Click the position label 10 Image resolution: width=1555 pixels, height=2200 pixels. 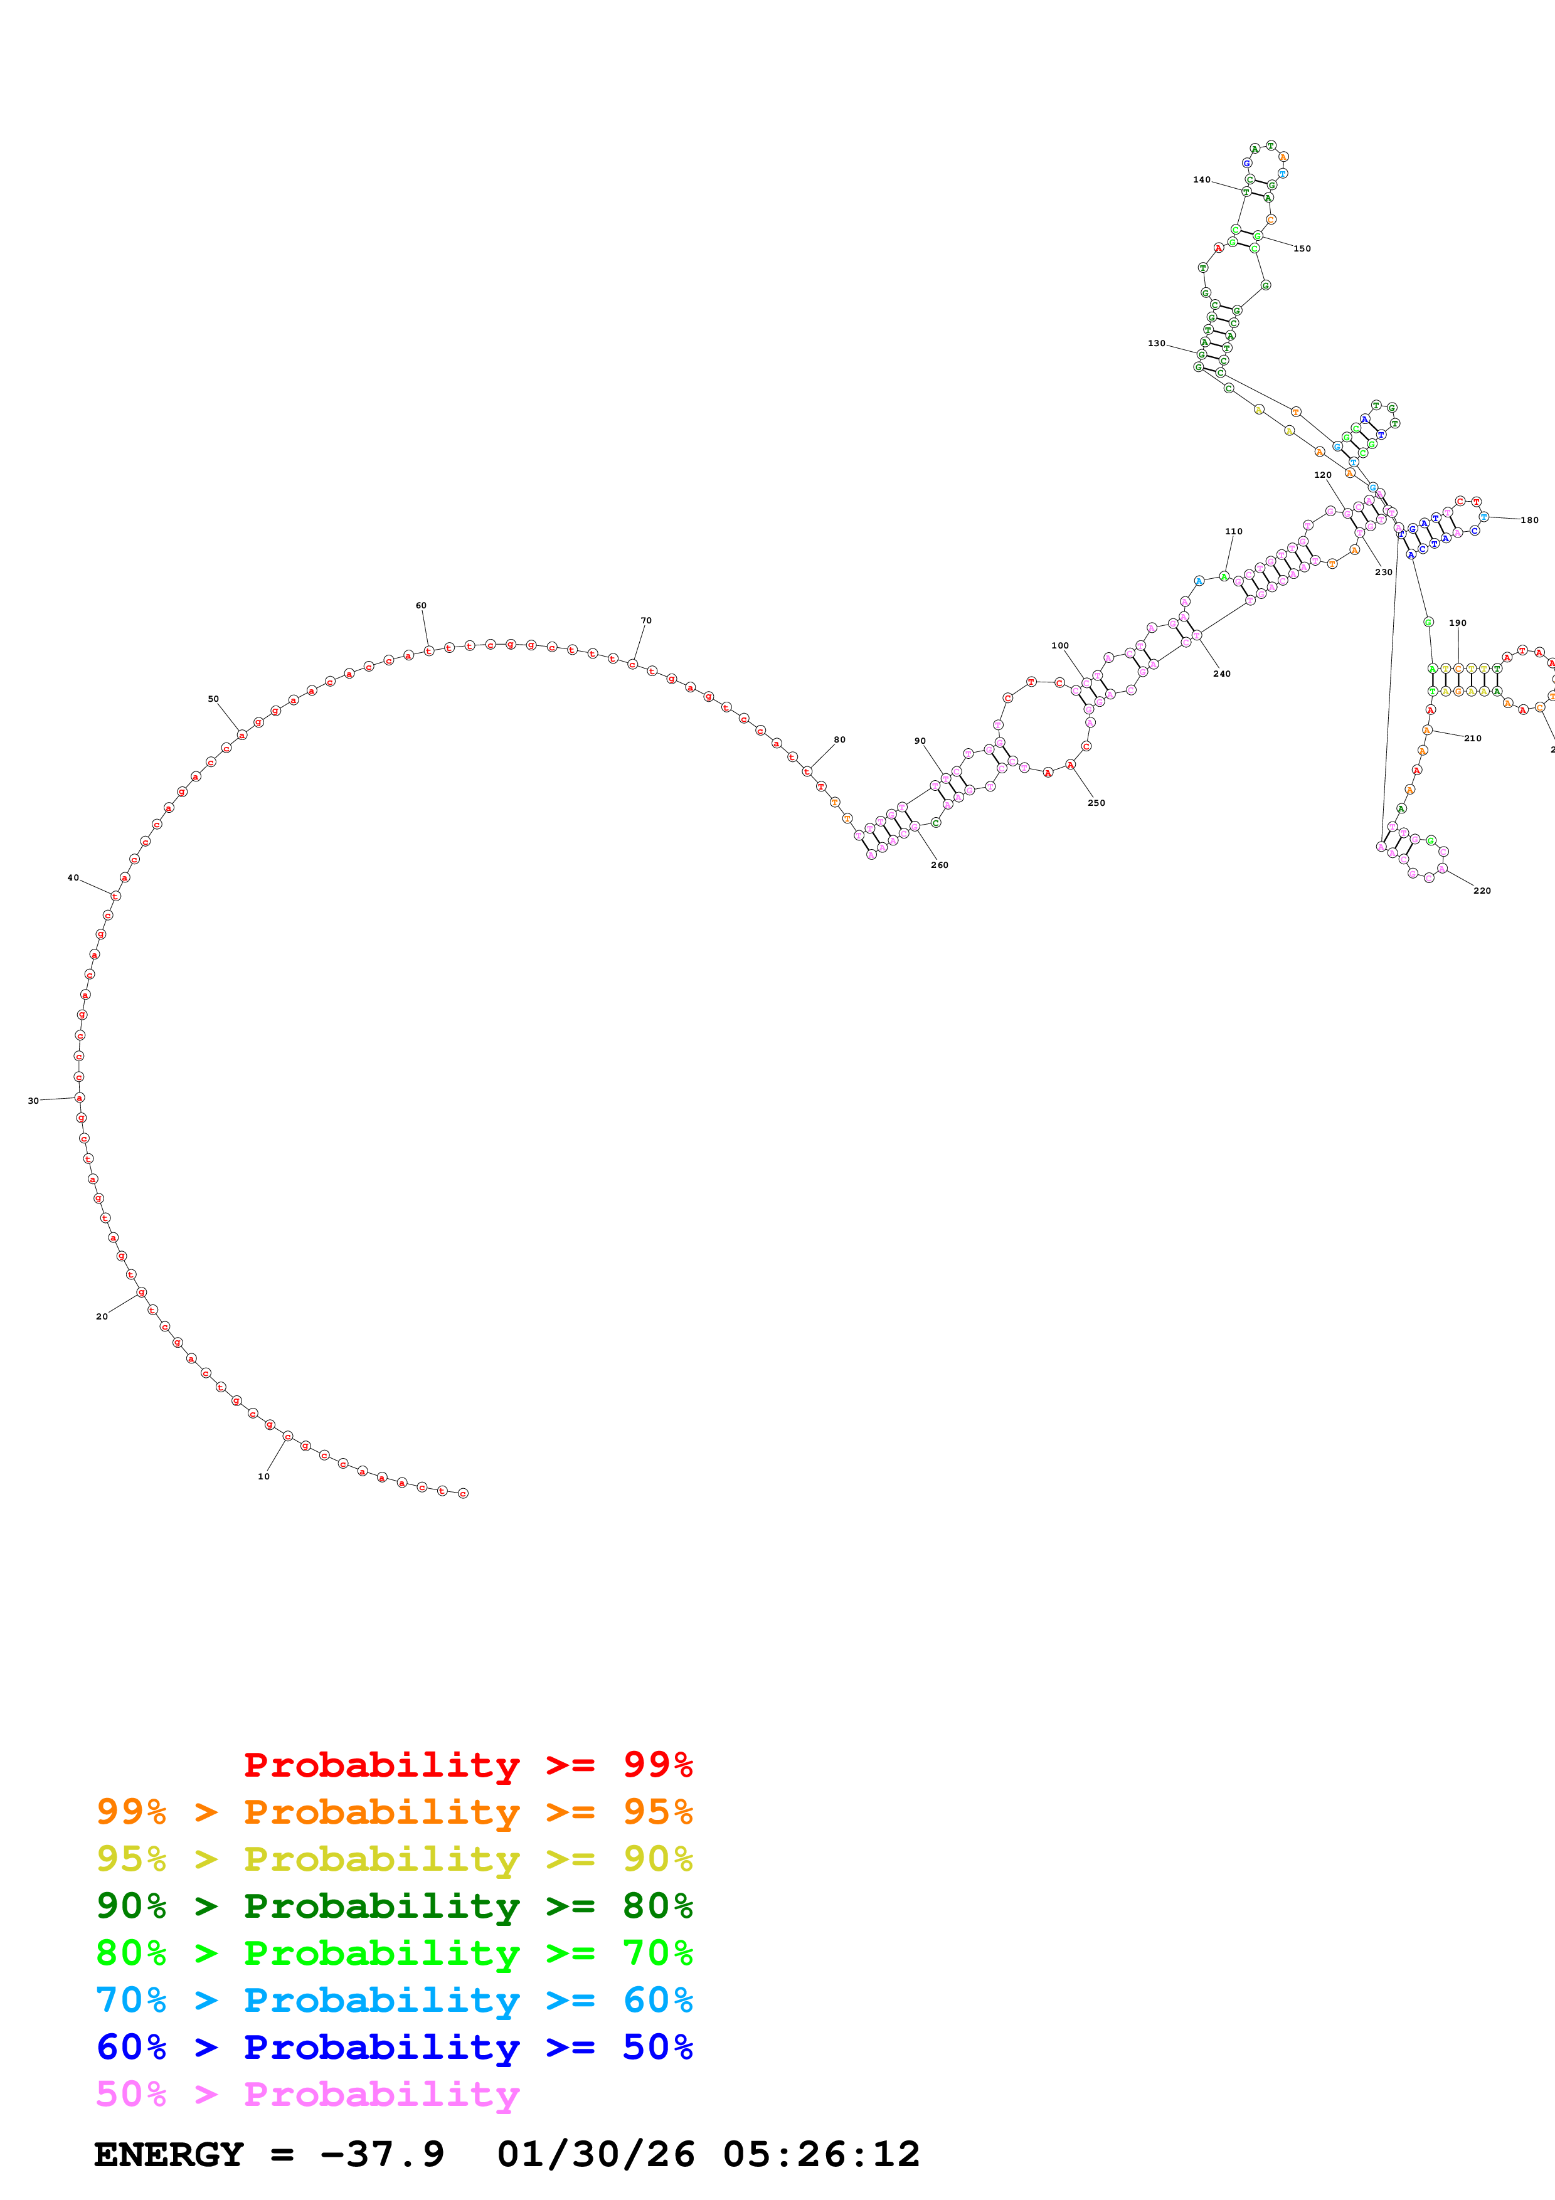point(263,1476)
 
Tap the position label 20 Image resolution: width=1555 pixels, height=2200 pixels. point(102,1316)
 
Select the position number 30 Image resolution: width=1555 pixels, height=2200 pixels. point(33,1101)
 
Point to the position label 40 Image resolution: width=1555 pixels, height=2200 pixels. point(73,878)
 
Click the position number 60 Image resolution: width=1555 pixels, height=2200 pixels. point(421,606)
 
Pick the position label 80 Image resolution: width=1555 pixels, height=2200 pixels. point(839,740)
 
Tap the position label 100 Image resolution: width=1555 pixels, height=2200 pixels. point(1059,646)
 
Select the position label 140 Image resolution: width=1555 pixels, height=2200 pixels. point(1201,180)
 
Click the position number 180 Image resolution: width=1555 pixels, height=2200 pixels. point(1529,521)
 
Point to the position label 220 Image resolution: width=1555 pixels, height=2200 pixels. point(1482,891)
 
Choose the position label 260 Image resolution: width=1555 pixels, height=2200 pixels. point(940,865)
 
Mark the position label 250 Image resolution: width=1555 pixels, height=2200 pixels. point(1096,803)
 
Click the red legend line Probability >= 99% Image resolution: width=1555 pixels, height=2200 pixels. point(467,1764)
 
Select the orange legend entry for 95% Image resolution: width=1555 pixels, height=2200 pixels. point(394,1812)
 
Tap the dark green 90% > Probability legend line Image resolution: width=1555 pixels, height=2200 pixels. point(394,1906)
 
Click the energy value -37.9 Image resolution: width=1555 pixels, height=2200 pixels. point(382,2154)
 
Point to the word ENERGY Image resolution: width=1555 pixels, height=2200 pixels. point(169,2154)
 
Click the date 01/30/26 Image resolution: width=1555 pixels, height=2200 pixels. point(596,2154)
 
